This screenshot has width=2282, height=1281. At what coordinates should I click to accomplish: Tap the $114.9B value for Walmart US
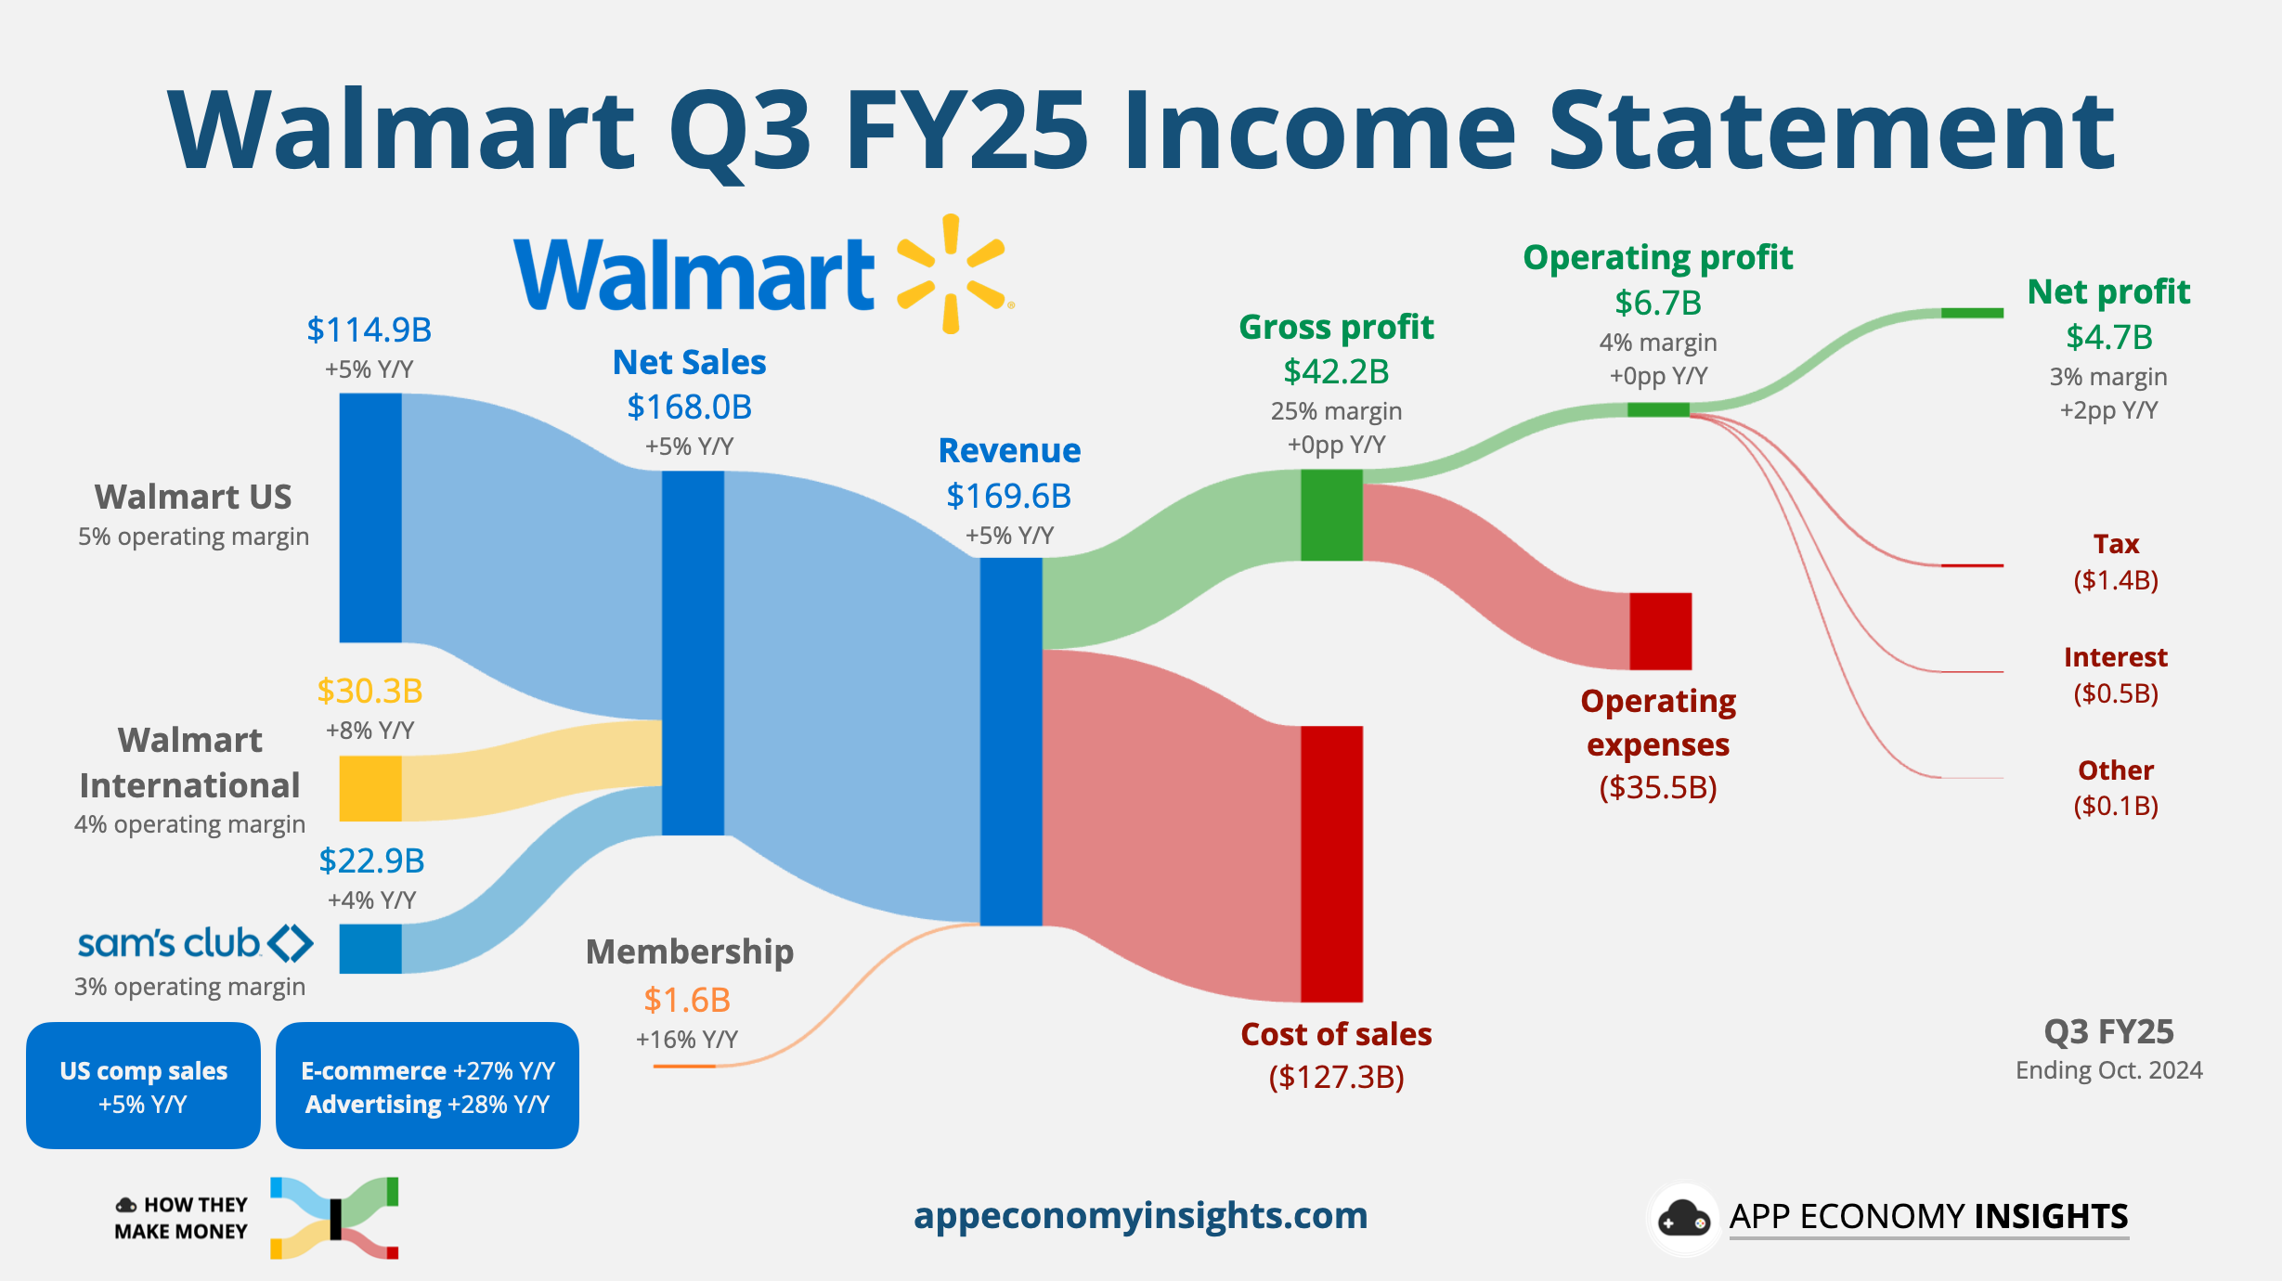click(x=370, y=330)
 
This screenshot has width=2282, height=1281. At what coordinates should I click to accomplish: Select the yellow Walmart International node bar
click(x=370, y=788)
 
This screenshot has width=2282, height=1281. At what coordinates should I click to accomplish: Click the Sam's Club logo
click(x=195, y=943)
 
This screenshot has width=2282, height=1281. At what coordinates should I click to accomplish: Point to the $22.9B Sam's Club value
click(x=371, y=861)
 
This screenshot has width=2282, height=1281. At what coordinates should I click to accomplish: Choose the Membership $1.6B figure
click(x=687, y=1001)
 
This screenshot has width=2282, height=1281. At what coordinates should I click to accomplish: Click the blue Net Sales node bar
click(x=693, y=653)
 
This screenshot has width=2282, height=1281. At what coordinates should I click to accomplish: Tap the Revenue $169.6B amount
click(x=1008, y=497)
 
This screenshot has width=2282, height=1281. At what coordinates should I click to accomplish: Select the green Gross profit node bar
click(x=1331, y=515)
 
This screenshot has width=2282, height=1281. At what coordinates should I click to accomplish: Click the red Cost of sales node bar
click(x=1331, y=863)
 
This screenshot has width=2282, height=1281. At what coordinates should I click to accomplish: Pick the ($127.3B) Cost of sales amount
click(x=1336, y=1078)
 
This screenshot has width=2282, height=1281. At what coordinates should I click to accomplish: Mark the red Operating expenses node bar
click(x=1660, y=631)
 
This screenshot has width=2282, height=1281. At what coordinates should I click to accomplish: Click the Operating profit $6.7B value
click(x=1658, y=304)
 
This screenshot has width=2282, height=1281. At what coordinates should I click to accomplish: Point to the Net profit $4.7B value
click(x=2108, y=338)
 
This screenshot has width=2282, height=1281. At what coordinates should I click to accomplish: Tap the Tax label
click(x=2116, y=544)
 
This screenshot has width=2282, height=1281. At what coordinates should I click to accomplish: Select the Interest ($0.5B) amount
click(x=2116, y=694)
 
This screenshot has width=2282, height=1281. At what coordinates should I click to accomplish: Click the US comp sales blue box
click(x=143, y=1085)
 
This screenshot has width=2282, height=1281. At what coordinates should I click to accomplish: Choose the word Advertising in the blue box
click(x=373, y=1105)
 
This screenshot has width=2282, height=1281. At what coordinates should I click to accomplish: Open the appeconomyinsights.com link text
click(x=1140, y=1216)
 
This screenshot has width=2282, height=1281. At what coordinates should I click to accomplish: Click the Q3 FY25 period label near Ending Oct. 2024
click(x=2108, y=1032)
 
